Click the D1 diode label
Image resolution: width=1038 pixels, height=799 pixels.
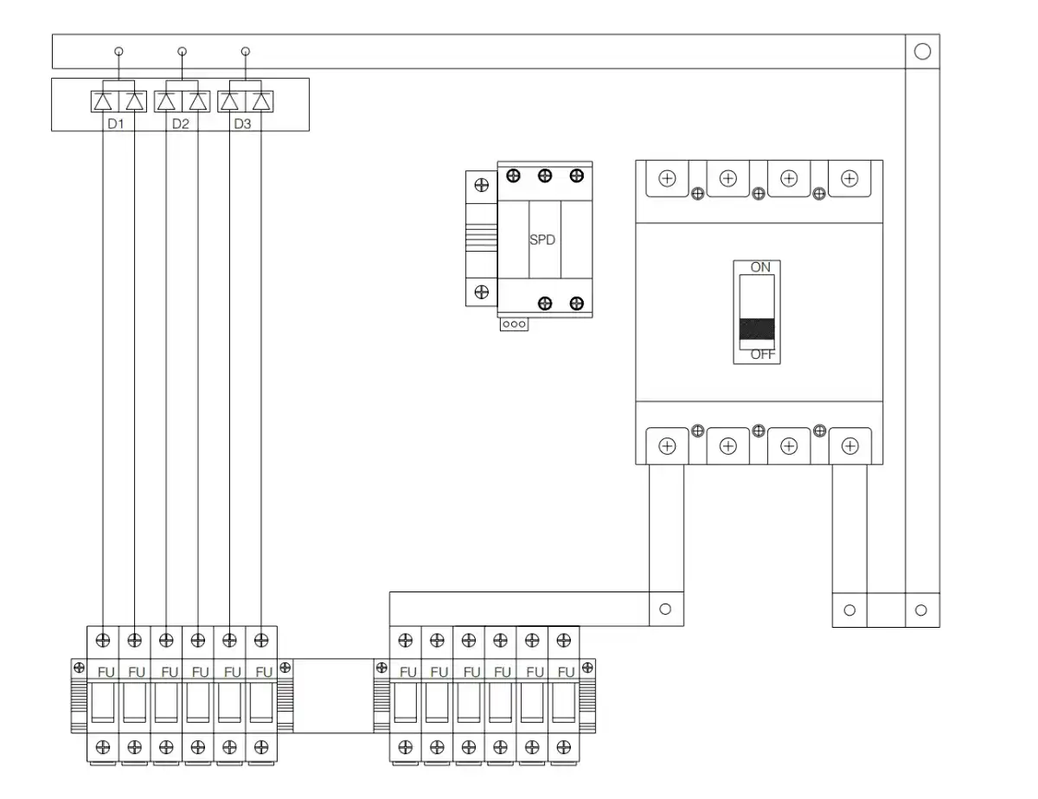coord(116,125)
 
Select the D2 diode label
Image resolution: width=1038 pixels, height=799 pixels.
coord(181,125)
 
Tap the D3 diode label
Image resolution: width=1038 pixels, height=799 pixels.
coord(242,125)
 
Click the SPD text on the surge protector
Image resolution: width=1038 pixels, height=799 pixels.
coord(542,240)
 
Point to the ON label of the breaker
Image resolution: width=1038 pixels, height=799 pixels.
coord(760,267)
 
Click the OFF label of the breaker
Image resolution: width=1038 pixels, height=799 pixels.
coord(762,355)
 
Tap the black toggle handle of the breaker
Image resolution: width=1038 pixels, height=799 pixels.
coord(757,329)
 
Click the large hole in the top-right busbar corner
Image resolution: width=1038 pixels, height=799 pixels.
coord(922,52)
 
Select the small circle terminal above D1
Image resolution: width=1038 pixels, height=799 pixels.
coord(119,51)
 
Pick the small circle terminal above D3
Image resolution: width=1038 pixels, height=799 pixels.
coord(246,51)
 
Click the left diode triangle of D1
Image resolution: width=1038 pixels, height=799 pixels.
coord(103,102)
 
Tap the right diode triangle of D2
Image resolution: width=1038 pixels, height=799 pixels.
coord(198,102)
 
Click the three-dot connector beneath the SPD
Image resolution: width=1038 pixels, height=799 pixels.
coord(514,324)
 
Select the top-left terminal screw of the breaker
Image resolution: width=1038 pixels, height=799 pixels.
coord(667,178)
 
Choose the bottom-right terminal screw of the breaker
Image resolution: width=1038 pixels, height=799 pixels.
coord(849,446)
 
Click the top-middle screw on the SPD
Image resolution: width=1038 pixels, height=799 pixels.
coord(545,176)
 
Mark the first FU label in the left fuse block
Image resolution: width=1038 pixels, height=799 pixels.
coord(106,672)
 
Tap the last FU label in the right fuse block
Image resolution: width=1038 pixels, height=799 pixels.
coord(566,672)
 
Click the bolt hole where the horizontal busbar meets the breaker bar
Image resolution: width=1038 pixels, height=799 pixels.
coord(665,609)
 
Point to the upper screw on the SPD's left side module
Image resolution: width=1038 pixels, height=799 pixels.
coord(482,185)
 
